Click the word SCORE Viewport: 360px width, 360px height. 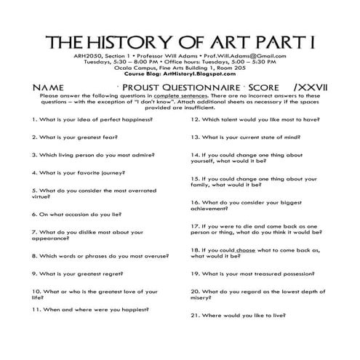click(247, 86)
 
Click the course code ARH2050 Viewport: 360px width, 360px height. click(87, 55)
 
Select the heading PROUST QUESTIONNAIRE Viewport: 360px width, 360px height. click(169, 86)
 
